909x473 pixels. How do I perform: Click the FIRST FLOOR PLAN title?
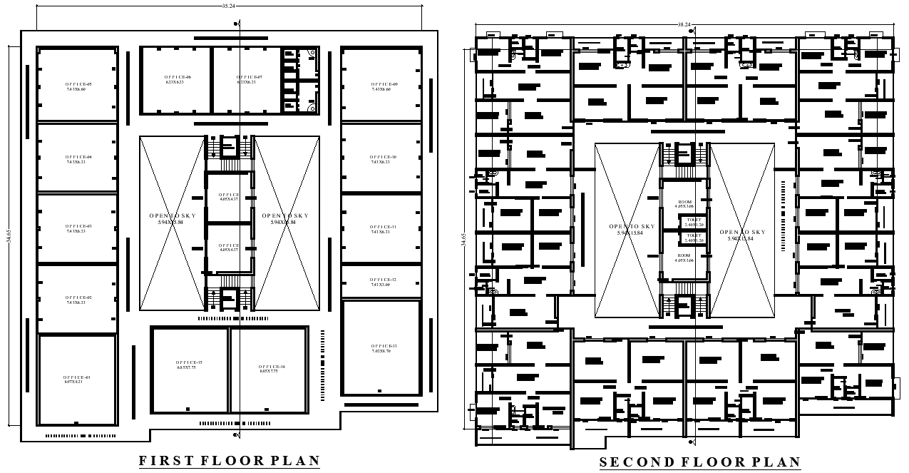pos(229,461)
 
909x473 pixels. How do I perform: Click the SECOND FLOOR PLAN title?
pos(699,462)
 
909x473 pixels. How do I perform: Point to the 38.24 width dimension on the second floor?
pos(684,24)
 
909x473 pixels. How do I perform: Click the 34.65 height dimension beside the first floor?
pos(9,235)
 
